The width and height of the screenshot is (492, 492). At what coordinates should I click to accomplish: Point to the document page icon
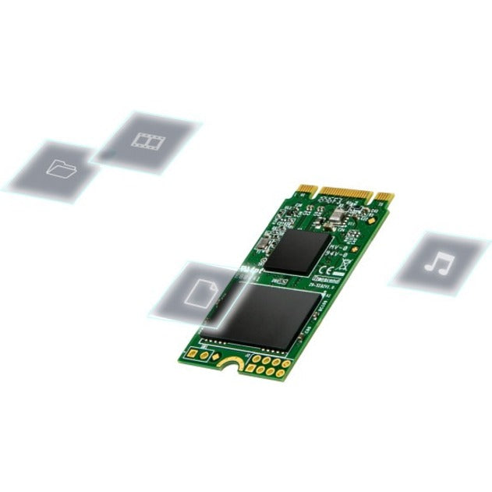[200, 293]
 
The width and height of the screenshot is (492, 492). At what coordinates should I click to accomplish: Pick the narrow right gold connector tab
[384, 196]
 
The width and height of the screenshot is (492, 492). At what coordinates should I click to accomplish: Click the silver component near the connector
[338, 215]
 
